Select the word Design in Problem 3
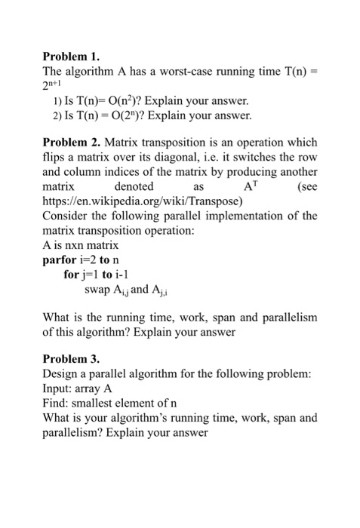pos(60,374)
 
